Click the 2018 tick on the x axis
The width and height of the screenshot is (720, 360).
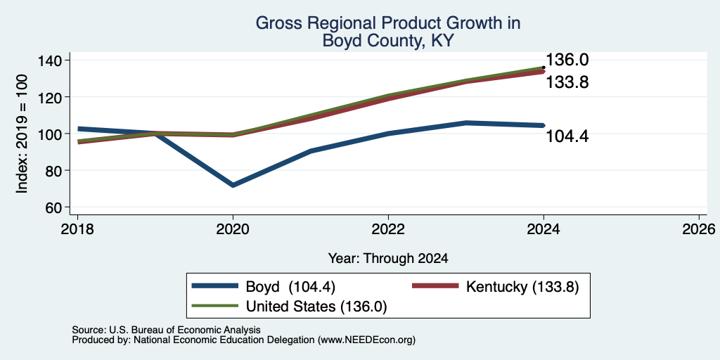[x=77, y=229]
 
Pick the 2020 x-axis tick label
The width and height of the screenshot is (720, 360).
[x=233, y=229]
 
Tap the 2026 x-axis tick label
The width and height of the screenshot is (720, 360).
[x=700, y=229]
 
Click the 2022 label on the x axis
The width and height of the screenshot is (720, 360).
[x=388, y=229]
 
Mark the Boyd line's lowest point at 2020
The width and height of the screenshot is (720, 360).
[x=233, y=185]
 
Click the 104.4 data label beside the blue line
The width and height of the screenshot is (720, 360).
[x=567, y=136]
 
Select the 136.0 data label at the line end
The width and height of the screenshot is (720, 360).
[x=567, y=60]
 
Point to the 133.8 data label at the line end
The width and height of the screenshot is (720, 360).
[x=567, y=82]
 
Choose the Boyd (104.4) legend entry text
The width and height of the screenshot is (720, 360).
[x=290, y=287]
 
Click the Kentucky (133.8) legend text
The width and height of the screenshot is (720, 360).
[x=522, y=287]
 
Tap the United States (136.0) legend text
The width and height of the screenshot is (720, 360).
[x=316, y=307]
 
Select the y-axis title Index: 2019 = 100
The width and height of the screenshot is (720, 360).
[x=22, y=134]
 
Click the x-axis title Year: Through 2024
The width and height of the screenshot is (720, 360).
[x=388, y=259]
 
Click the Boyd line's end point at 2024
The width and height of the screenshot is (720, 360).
[x=544, y=125]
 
